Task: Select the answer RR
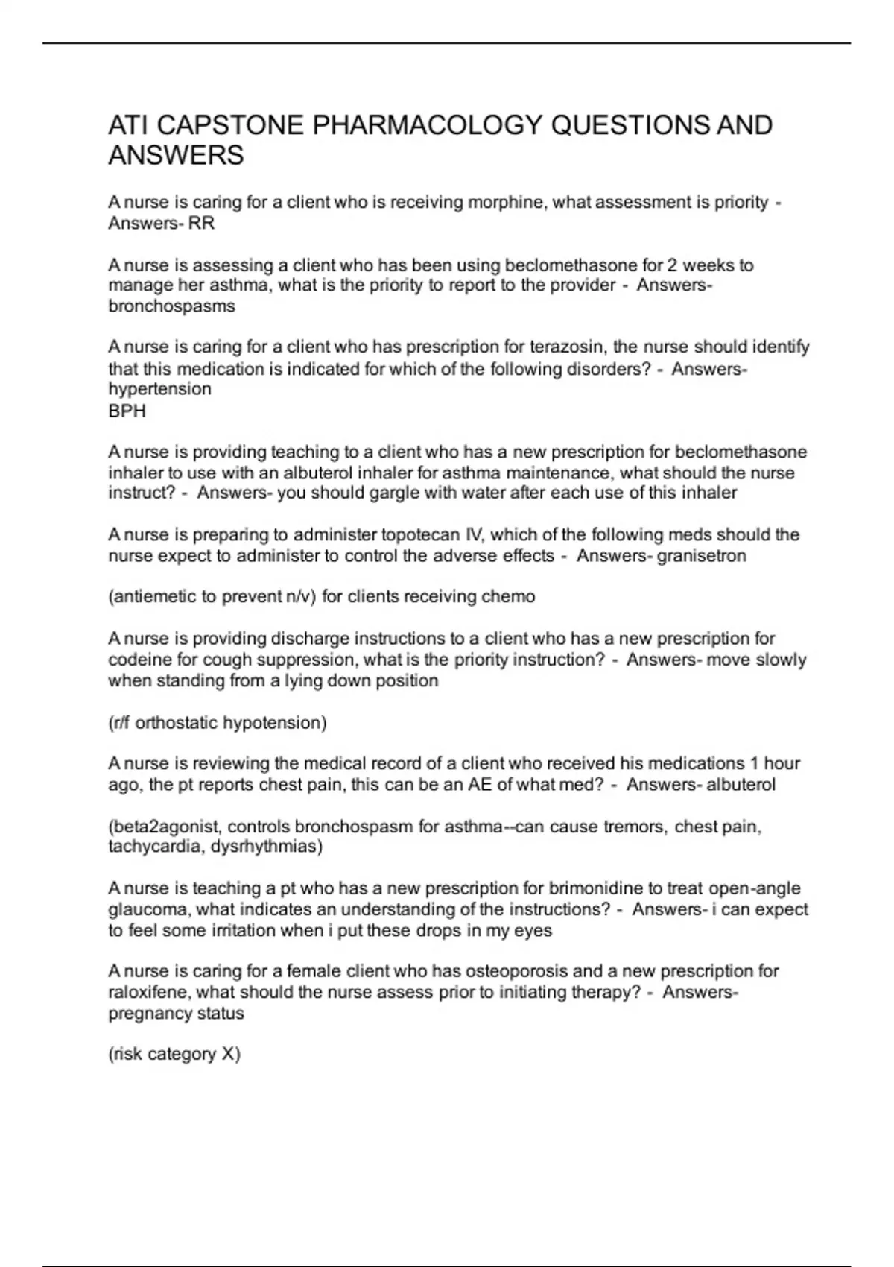(x=201, y=224)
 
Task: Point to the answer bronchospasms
(x=171, y=306)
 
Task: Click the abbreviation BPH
(x=127, y=411)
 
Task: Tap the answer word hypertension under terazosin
(x=159, y=389)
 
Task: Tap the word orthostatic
(x=176, y=723)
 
